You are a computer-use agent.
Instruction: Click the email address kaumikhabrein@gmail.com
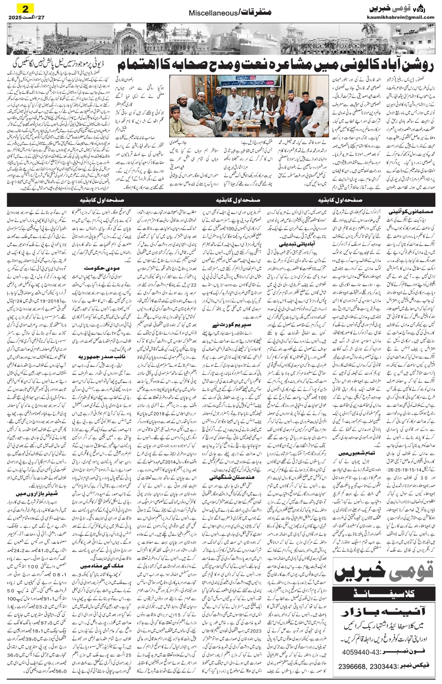tap(400, 18)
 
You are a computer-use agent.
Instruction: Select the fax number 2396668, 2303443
tap(365, 667)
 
